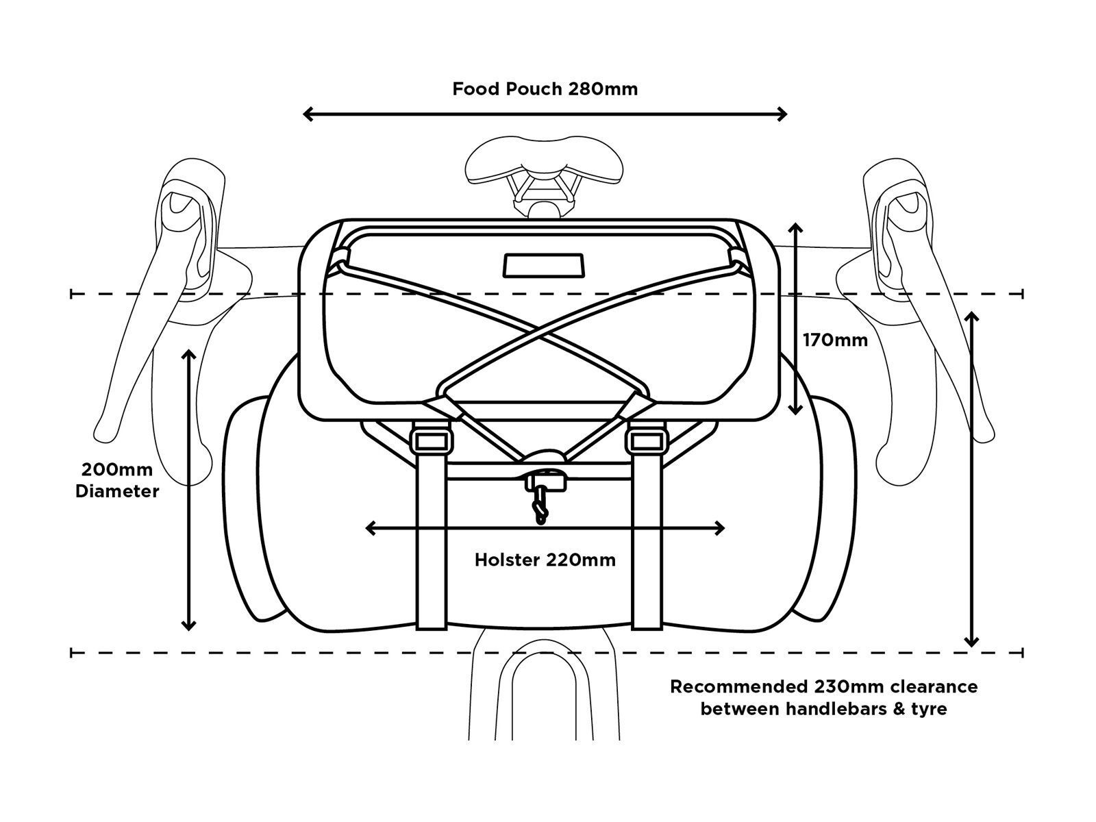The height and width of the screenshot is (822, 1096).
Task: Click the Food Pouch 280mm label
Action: pyautogui.click(x=545, y=89)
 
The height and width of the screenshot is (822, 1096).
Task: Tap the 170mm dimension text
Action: pyautogui.click(x=835, y=340)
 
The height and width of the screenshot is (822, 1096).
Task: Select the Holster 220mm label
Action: pyautogui.click(x=545, y=560)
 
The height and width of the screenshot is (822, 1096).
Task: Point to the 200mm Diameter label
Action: pyautogui.click(x=117, y=481)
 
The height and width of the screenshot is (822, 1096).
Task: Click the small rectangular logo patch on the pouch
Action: pyautogui.click(x=545, y=265)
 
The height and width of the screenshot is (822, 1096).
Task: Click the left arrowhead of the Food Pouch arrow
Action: pyautogui.click(x=308, y=114)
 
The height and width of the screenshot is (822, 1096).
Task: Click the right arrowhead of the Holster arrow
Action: pyautogui.click(x=720, y=528)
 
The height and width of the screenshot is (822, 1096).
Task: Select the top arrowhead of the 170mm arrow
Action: pyautogui.click(x=795, y=228)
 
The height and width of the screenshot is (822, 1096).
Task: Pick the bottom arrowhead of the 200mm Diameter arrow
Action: pyautogui.click(x=189, y=625)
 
